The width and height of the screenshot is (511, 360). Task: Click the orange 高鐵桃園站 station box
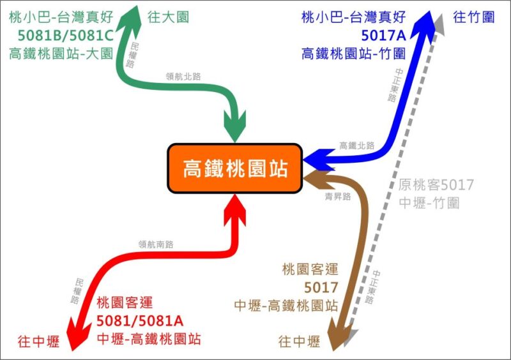[235, 168]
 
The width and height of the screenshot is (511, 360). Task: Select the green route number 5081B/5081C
[66, 36]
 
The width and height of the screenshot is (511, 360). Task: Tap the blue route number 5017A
[384, 36]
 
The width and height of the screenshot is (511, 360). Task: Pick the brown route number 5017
[321, 287]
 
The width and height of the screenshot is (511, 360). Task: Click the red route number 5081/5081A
[140, 321]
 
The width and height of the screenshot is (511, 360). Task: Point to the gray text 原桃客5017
[436, 184]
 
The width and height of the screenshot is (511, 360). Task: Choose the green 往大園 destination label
[168, 17]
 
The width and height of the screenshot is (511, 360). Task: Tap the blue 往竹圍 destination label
[473, 17]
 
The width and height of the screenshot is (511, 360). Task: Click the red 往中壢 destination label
[39, 341]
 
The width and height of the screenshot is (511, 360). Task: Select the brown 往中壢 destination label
[299, 341]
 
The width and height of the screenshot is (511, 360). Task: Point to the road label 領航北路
[183, 77]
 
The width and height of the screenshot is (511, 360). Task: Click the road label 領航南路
[156, 244]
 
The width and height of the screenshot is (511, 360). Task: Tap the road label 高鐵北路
[357, 146]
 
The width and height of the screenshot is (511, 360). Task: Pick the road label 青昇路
[338, 196]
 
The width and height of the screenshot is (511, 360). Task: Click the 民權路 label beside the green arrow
[132, 54]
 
